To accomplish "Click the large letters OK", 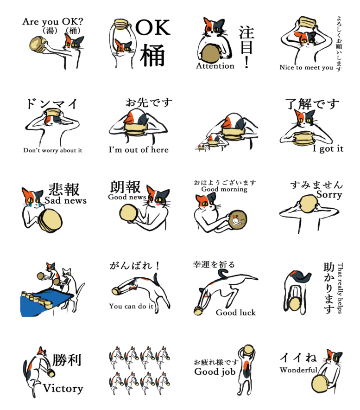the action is point(153,27).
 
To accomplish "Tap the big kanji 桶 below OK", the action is point(152,55).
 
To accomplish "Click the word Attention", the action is point(215,66).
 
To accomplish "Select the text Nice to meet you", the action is point(306,67).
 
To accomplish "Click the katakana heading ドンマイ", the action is point(52,104).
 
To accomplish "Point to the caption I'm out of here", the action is point(139,149).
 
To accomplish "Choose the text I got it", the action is point(328,148).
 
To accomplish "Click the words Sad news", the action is point(65,200).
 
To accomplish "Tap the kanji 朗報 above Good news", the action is point(126,187).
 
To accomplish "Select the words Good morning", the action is point(224,189).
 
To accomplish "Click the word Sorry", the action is point(329,195).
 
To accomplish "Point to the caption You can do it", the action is point(131,306).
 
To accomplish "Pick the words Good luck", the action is point(236,313).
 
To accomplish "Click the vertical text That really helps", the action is point(340,288).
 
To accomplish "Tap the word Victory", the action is point(63,388).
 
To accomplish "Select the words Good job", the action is point(215,372).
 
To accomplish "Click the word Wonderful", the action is point(298,370).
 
